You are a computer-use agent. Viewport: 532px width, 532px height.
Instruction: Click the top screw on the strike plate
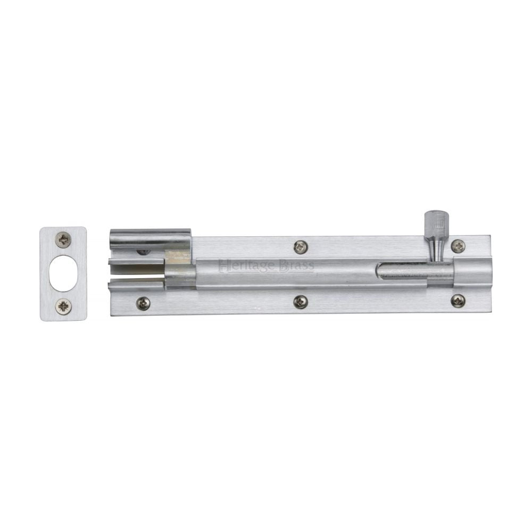tap(64, 239)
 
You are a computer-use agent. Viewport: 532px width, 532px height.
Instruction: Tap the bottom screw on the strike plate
tap(64, 306)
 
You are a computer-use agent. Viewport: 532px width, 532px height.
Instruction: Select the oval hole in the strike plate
tap(63, 273)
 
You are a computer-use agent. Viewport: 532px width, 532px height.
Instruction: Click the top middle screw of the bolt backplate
tap(301, 246)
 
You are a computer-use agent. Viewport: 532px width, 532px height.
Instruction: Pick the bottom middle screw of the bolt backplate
tap(301, 302)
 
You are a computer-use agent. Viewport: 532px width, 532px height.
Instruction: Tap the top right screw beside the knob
tap(458, 246)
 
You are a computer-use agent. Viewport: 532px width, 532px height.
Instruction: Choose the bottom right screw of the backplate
tap(458, 301)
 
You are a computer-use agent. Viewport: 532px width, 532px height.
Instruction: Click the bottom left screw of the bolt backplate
tap(143, 303)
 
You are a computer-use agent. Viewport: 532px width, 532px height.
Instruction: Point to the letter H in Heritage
tap(222, 265)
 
